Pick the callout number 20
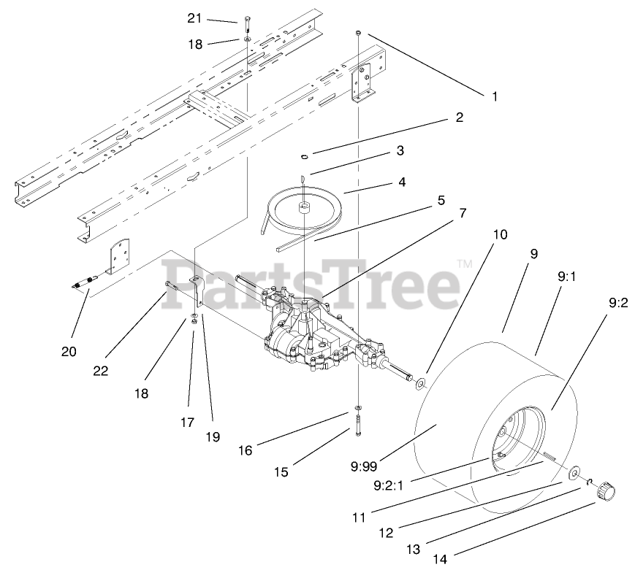coord(69,351)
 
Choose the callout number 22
coord(101,370)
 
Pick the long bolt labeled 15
coord(359,423)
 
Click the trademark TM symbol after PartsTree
coord(463,263)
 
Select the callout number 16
coord(245,450)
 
